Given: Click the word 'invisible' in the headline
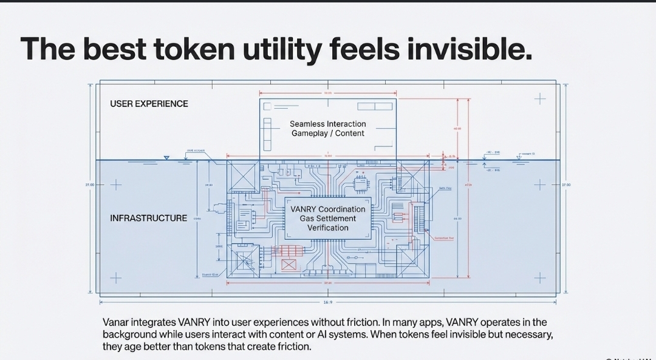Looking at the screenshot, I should click(469, 48).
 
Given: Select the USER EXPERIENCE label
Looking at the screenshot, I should click(149, 104).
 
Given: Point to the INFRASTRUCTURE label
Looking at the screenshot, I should click(148, 218).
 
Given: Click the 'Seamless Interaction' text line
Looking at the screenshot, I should click(327, 124).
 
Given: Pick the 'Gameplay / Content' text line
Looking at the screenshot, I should click(327, 134).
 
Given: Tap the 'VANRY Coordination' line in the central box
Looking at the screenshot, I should click(327, 209).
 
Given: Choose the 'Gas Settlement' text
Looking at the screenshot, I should click(327, 219).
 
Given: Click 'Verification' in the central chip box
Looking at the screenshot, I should click(327, 228).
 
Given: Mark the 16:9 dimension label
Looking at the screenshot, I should click(328, 302).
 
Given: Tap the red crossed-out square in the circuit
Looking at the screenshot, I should click(289, 265).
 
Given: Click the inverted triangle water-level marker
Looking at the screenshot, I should click(166, 158).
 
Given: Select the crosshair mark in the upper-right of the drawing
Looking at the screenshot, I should click(539, 98).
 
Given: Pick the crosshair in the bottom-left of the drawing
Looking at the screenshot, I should click(115, 278).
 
